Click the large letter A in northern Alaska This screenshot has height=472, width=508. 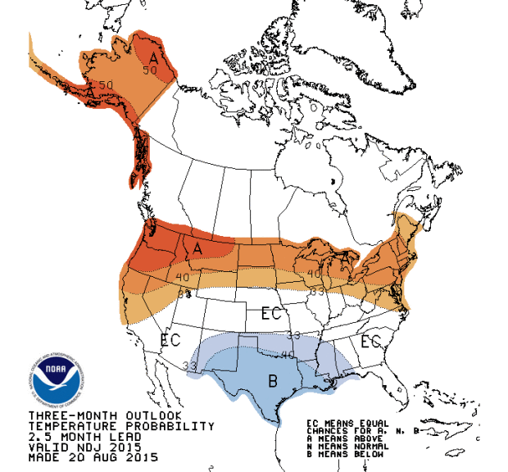click(x=153, y=57)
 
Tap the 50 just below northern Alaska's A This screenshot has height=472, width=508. click(x=149, y=70)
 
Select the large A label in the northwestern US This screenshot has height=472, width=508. click(x=197, y=247)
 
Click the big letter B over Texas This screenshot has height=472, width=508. click(x=272, y=381)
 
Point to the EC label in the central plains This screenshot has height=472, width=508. click(x=271, y=314)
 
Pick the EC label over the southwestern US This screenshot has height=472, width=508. click(x=170, y=339)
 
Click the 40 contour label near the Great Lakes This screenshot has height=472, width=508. click(x=313, y=274)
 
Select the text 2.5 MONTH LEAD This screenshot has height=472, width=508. click(x=77, y=437)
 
